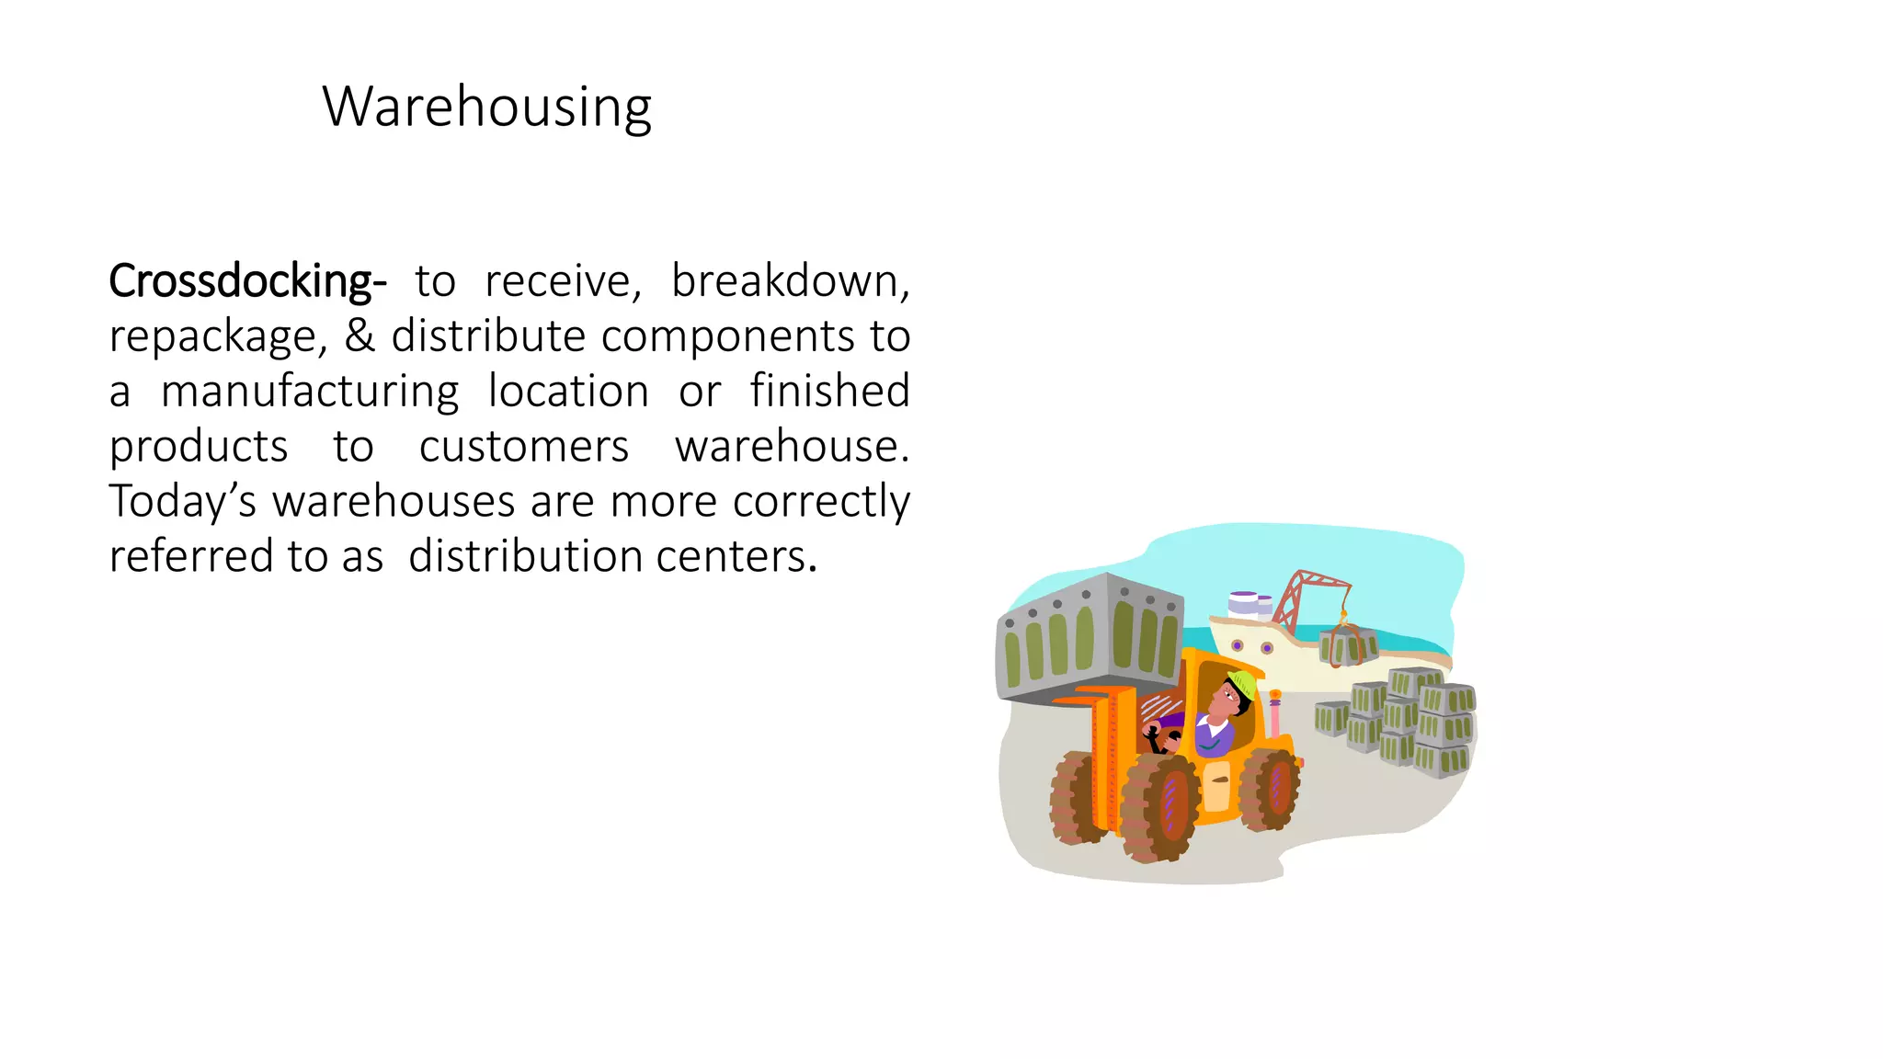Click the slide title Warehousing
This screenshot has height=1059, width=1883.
pos(486,108)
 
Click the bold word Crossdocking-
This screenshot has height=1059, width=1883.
pos(246,281)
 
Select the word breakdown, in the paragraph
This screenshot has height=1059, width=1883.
pos(790,281)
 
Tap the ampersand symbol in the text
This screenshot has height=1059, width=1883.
pos(359,336)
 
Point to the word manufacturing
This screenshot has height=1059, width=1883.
pos(310,392)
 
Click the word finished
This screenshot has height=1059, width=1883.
pos(829,391)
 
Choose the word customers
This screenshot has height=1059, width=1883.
pos(523,447)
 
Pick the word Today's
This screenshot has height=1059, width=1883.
pos(182,502)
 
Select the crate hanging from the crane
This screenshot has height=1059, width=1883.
pos(1347,645)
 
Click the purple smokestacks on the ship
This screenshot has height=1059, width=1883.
pos(1250,603)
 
